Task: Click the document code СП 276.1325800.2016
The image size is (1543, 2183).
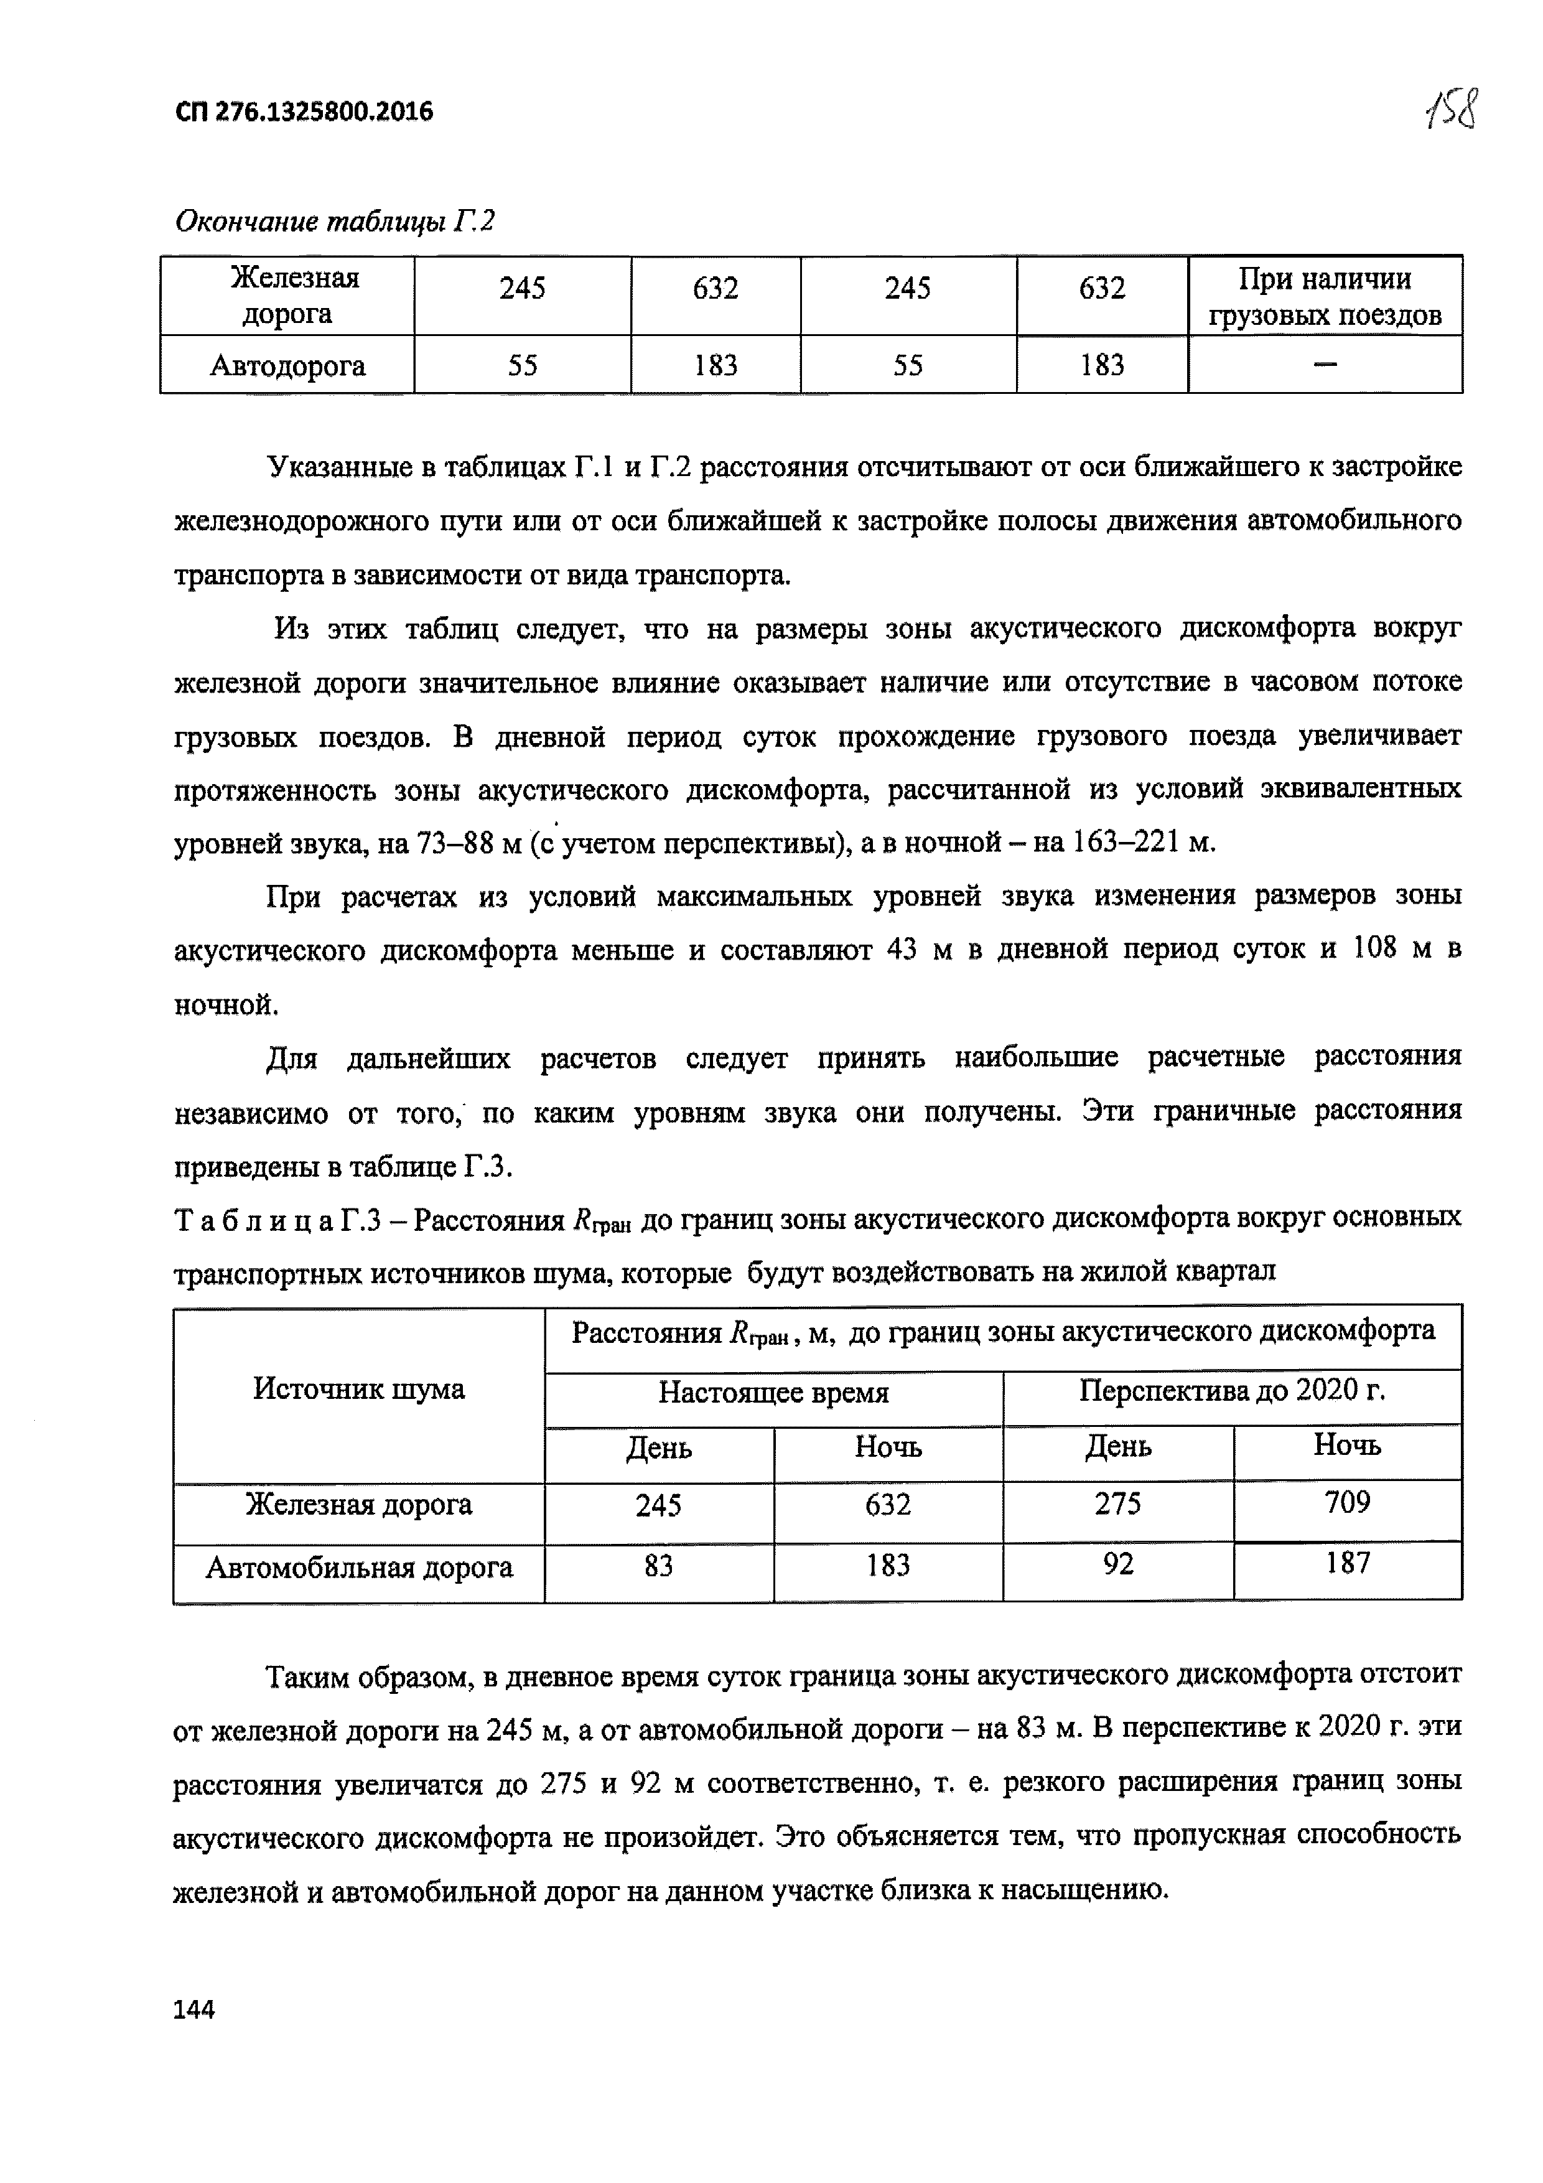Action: (304, 112)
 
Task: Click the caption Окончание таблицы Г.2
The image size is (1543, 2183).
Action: (335, 222)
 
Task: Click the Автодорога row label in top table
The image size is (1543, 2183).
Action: (287, 365)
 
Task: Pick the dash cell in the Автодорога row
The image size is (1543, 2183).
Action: (1325, 364)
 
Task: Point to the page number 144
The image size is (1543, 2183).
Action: (195, 2009)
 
